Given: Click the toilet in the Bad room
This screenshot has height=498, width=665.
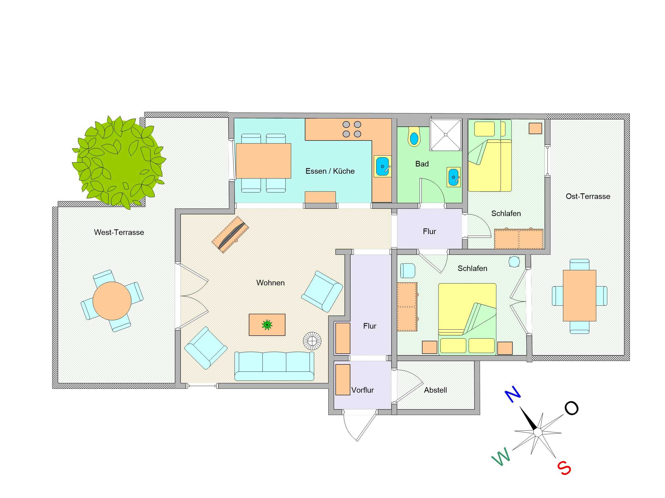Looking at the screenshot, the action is [x=414, y=137].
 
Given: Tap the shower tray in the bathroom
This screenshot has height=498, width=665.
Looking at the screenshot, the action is [x=446, y=134].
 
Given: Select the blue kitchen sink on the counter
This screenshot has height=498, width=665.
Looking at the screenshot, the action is [x=383, y=166].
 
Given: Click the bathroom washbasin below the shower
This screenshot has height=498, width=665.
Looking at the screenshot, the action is [x=453, y=177].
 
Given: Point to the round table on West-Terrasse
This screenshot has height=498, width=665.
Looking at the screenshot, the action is [x=112, y=301].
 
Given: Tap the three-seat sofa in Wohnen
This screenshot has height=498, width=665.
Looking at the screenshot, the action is [x=274, y=366].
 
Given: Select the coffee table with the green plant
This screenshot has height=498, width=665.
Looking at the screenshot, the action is [x=267, y=325].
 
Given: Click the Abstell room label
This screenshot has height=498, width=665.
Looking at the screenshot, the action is [x=435, y=390].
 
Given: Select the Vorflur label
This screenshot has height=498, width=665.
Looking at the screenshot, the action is [x=363, y=390].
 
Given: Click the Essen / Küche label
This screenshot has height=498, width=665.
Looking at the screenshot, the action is [x=330, y=171].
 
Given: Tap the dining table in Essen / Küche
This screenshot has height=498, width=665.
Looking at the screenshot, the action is [x=263, y=161].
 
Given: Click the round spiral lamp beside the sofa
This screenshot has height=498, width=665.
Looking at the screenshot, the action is [x=312, y=341].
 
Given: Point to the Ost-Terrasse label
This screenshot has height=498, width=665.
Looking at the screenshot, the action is [x=588, y=196].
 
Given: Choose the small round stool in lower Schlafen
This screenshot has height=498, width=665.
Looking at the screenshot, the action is [x=514, y=261].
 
